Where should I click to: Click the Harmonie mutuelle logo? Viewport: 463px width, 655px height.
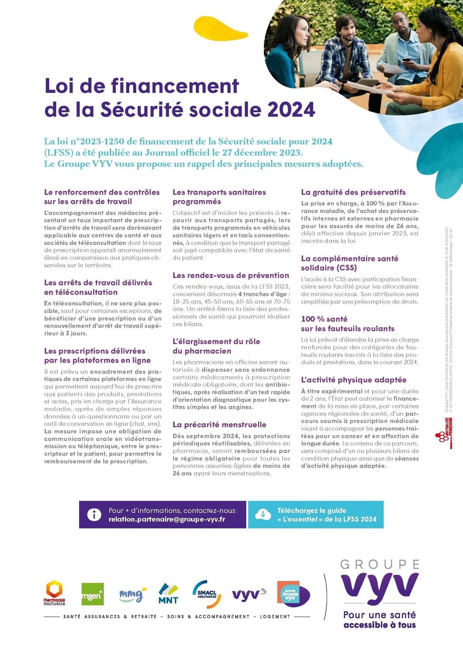[54, 593]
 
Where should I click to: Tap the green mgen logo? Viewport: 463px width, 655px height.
[93, 594]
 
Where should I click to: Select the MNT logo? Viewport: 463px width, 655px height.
[169, 594]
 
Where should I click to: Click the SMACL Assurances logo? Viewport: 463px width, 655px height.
[207, 594]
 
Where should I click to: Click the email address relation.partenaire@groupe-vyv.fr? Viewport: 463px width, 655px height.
[167, 520]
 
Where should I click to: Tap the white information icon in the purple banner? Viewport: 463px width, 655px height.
[94, 515]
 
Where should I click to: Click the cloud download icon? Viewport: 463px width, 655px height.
[263, 515]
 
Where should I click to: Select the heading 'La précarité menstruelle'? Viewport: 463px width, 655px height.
[219, 425]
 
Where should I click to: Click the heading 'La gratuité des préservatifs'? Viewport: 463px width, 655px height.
[353, 192]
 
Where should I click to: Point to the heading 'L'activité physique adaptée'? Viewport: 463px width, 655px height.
[353, 380]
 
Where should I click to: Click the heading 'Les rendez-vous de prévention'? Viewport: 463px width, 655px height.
[231, 275]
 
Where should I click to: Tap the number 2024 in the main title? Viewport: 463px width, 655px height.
[291, 110]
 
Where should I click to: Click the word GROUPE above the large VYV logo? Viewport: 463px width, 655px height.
[380, 565]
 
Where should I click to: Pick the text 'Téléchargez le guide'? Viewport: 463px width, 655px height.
[312, 510]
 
